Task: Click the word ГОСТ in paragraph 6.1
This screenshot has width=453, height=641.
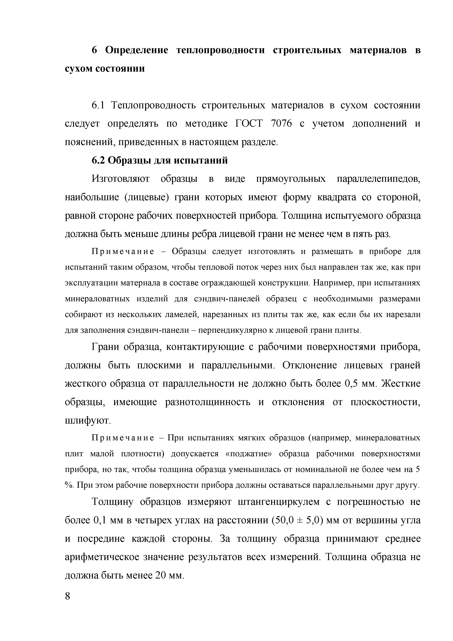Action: (248, 124)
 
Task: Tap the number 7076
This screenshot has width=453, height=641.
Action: (281, 124)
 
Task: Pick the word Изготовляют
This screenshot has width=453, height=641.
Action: (121, 179)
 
